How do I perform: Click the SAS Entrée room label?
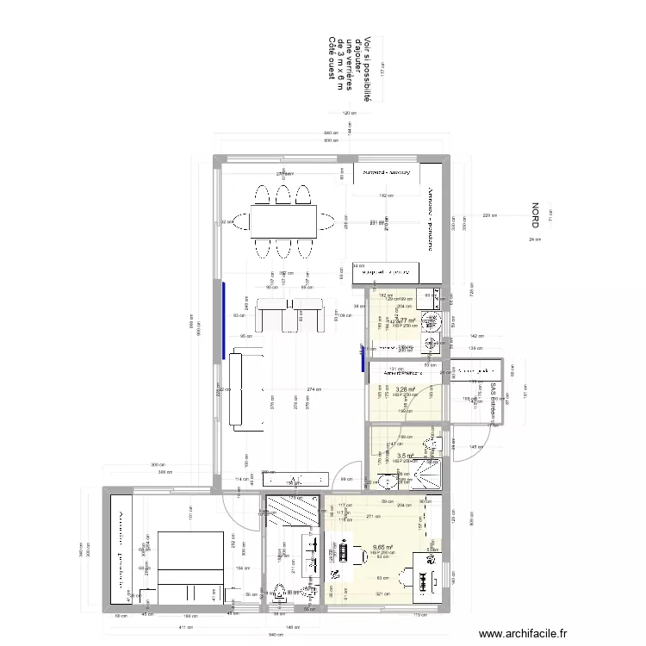pos(494,401)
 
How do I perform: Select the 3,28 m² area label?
pos(405,389)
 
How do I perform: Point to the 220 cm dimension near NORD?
pos(490,215)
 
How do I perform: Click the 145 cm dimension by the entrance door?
pos(475,446)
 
